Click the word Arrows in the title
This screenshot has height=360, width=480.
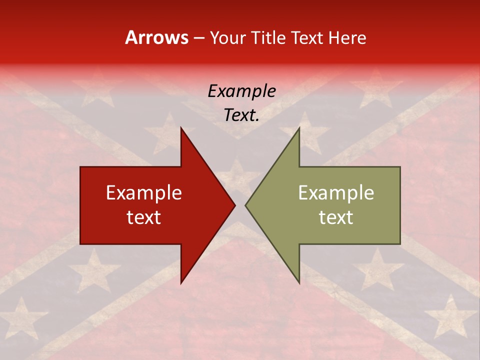tap(157, 37)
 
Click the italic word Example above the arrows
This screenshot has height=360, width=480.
tap(241, 91)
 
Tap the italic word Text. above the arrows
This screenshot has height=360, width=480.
tap(241, 115)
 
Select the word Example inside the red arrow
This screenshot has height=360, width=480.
tap(144, 193)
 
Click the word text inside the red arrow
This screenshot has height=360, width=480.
tap(144, 217)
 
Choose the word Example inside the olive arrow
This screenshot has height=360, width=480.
tap(336, 193)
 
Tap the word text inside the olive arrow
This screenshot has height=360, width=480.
tap(336, 217)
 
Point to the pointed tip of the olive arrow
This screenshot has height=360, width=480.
tap(245, 205)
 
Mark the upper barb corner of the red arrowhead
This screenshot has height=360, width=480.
tap(181, 127)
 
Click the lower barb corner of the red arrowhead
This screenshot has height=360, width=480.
tap(181, 283)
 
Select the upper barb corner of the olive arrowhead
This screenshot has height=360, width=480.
tap(299, 127)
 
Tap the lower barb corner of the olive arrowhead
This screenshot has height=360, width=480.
tap(299, 283)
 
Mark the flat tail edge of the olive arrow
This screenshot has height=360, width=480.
tap(400, 205)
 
